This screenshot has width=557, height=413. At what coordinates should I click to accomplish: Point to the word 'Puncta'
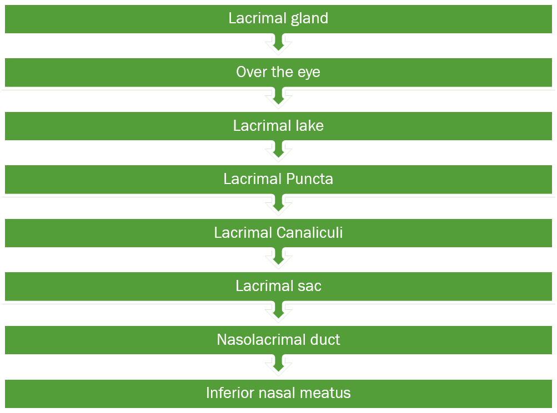click(309, 179)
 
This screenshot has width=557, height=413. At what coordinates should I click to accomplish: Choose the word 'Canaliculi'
click(309, 232)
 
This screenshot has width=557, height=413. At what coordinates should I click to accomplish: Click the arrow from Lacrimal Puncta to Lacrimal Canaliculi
click(278, 205)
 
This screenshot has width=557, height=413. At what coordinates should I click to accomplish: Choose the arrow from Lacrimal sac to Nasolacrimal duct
click(278, 312)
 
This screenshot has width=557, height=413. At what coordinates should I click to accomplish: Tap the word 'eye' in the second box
click(309, 73)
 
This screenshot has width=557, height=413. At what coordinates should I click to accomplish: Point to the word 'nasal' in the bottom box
click(278, 393)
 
